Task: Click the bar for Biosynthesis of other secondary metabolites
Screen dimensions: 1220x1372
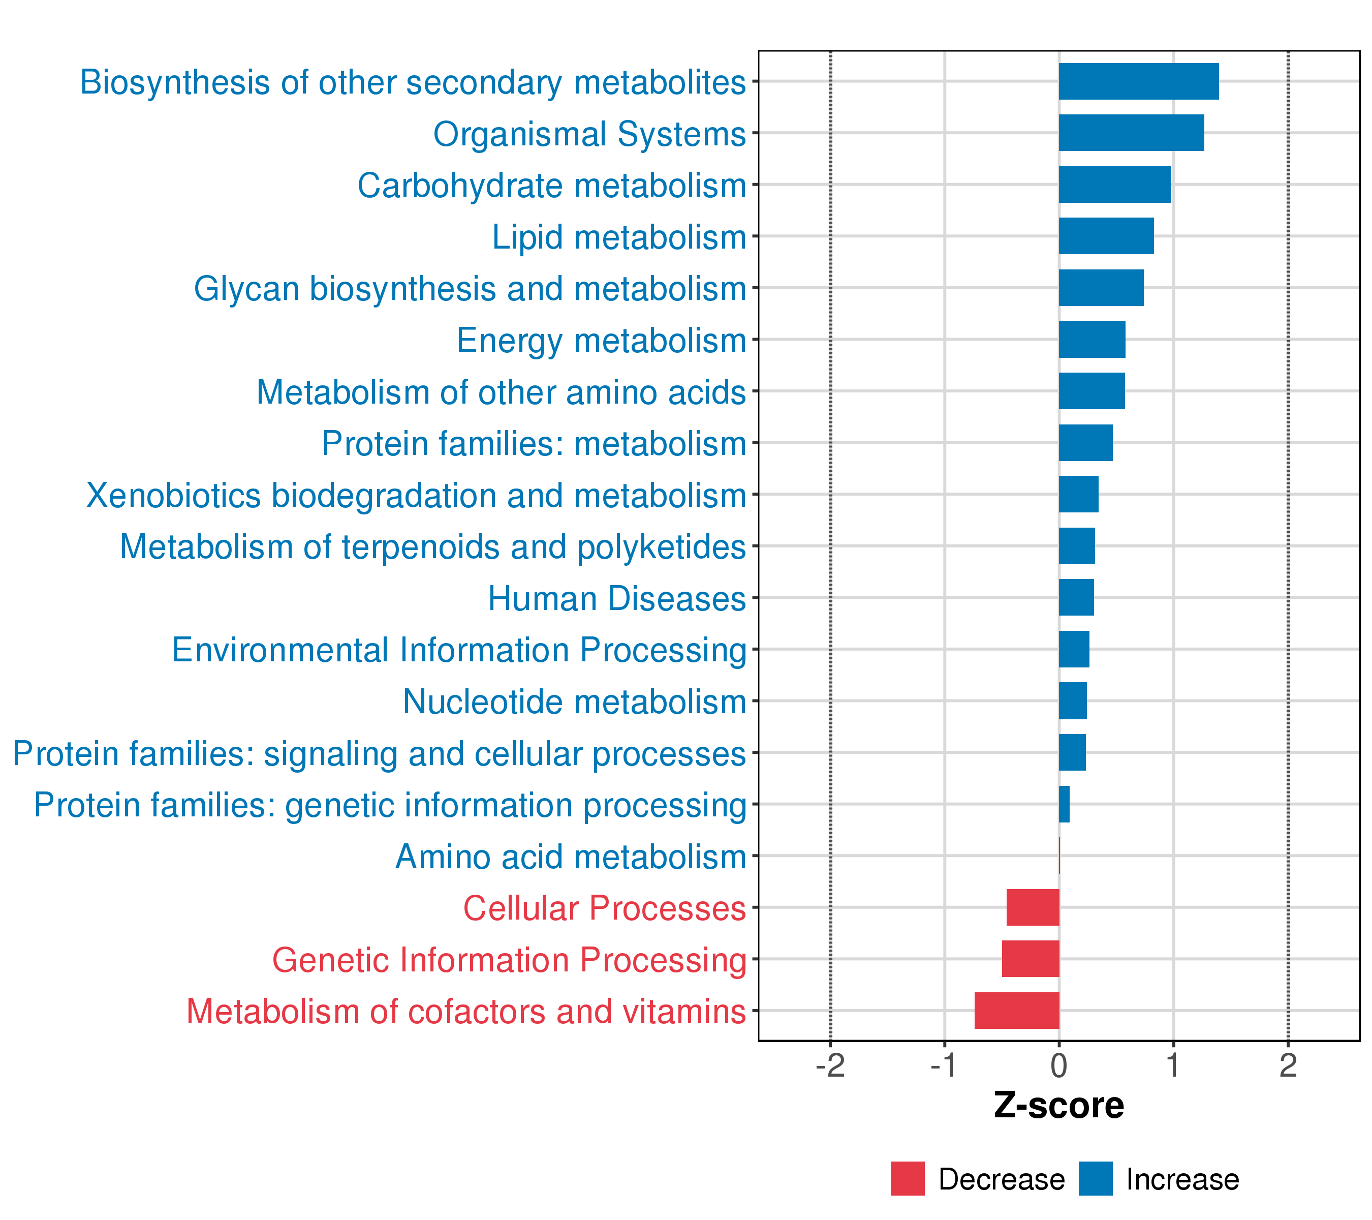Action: pos(1138,81)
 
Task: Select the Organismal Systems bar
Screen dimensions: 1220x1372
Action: pos(1131,133)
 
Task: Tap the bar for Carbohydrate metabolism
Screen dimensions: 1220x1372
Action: pos(1115,185)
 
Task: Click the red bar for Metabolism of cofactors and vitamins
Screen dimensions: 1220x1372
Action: pos(1017,1011)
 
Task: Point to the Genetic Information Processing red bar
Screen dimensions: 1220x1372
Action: pos(1031,959)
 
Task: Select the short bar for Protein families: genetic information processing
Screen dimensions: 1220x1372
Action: pos(1064,804)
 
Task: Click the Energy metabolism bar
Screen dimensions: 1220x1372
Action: pos(1092,340)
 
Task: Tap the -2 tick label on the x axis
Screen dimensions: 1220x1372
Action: pos(830,1066)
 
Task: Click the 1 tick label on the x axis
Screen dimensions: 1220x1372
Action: pos(1173,1066)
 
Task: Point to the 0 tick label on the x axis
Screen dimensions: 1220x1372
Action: pos(1059,1066)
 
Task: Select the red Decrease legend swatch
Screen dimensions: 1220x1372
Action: pos(908,1179)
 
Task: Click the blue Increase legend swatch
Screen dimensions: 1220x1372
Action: pos(1096,1179)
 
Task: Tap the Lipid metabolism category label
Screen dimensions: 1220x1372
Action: pos(619,237)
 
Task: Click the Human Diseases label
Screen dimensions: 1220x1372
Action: pos(617,598)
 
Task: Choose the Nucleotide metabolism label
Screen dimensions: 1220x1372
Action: pos(575,701)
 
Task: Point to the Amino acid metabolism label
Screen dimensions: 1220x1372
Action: pos(571,857)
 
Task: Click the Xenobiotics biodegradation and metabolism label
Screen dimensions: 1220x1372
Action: pos(416,496)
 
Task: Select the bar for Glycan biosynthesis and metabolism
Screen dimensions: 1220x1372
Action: pos(1101,288)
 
